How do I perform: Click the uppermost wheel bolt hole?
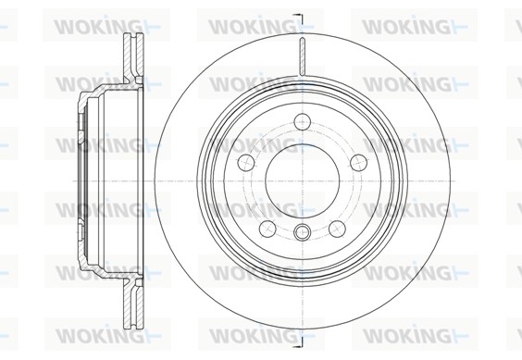[303, 122]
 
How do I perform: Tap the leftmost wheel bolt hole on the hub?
[246, 162]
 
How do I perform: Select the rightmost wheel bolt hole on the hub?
[359, 162]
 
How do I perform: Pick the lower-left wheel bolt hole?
[267, 229]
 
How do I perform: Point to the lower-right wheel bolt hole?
[337, 229]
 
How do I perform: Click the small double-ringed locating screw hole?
[303, 231]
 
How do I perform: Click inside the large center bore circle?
[303, 180]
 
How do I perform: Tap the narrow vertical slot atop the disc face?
[303, 56]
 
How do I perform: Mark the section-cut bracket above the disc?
[298, 19]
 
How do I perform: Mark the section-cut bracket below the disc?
[298, 342]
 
